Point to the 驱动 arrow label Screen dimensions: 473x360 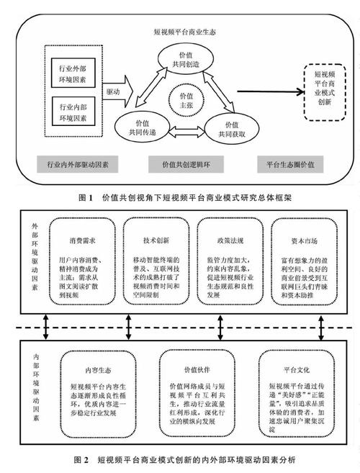point(113,93)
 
